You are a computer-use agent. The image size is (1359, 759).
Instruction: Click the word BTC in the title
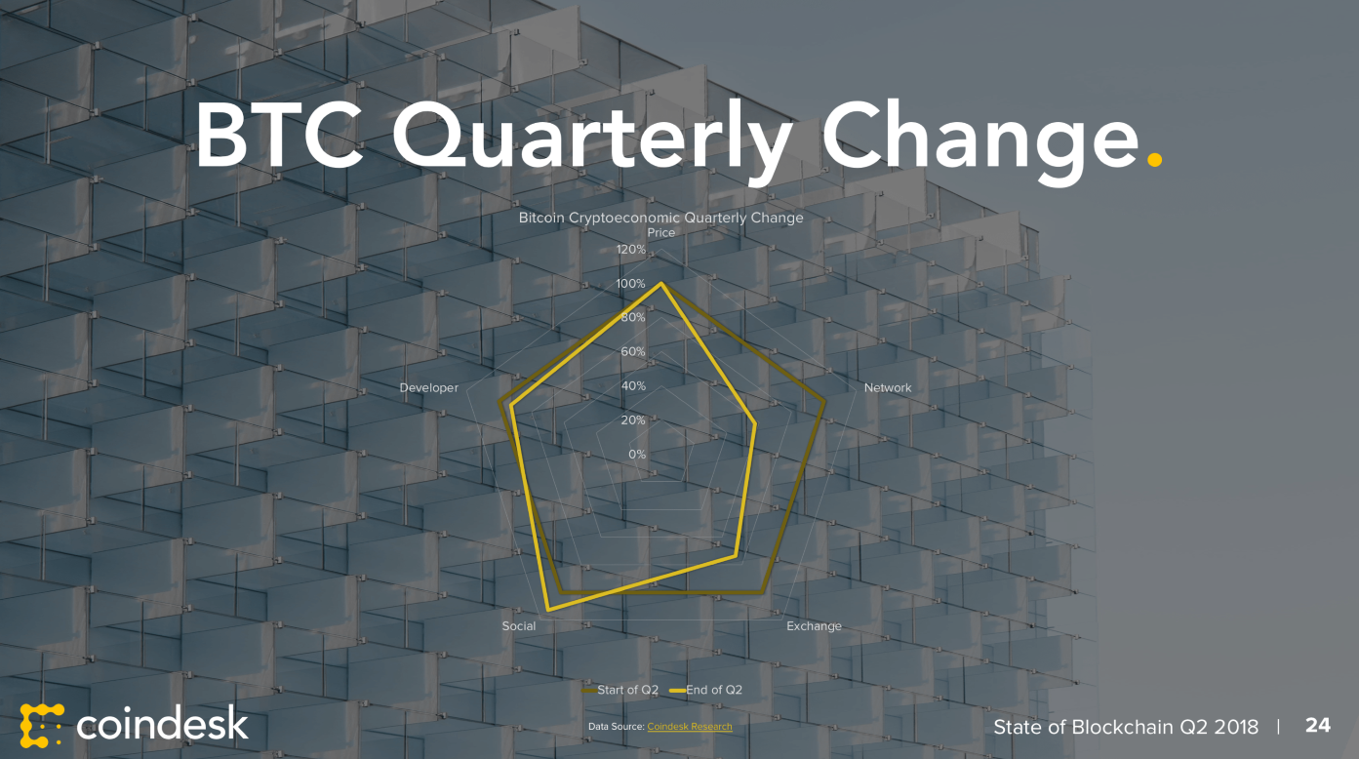tap(279, 135)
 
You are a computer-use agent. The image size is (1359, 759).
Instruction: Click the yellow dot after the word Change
tap(1154, 159)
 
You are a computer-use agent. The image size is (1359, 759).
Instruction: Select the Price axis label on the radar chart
tap(660, 232)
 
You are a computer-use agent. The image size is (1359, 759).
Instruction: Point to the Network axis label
tap(888, 387)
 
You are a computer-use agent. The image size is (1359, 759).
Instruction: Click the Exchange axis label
tap(814, 625)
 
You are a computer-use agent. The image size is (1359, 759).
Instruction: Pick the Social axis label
tap(519, 625)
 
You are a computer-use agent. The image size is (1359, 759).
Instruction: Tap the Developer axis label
tap(429, 387)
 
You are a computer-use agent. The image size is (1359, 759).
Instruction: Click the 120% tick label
tap(631, 250)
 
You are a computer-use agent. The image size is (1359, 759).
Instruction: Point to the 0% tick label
tap(637, 454)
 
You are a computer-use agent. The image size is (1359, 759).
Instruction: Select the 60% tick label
tap(633, 351)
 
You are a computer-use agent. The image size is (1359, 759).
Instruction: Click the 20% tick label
tap(633, 419)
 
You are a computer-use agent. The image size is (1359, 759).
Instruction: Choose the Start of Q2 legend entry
tap(620, 690)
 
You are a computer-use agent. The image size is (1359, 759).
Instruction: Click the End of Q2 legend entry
tap(705, 690)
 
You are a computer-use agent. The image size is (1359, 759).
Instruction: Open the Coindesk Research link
tap(690, 726)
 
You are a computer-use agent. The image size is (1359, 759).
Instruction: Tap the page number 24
tap(1318, 726)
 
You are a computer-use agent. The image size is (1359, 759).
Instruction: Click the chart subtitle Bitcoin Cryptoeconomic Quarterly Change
tap(660, 218)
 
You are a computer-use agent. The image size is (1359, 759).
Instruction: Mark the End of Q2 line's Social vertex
tap(548, 609)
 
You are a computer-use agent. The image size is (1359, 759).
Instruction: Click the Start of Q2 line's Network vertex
tap(823, 401)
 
